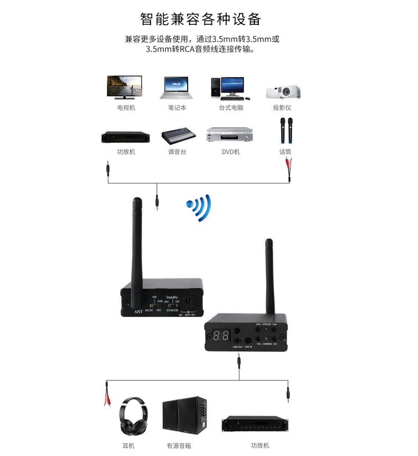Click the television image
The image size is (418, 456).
124,86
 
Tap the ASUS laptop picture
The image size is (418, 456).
177,88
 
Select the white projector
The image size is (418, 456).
283,91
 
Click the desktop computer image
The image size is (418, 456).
228,88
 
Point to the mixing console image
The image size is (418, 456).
177,136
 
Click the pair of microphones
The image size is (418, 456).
286,130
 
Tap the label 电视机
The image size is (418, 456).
126,108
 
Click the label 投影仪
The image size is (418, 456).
282,108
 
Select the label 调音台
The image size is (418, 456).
177,152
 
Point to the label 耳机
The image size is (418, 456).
128,445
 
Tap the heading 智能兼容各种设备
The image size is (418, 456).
200,19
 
